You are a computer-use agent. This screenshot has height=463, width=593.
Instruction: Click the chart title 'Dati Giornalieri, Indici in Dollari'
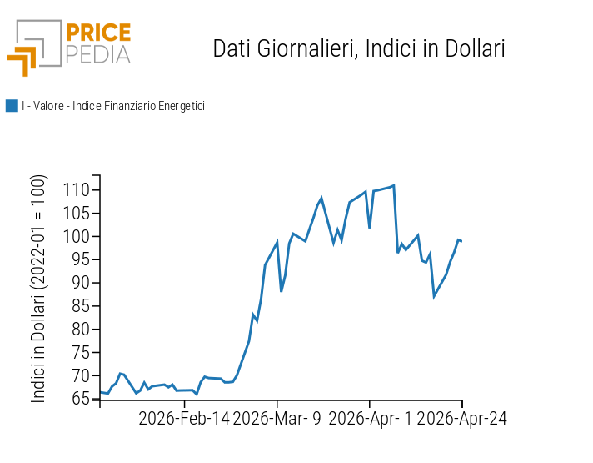click(x=359, y=48)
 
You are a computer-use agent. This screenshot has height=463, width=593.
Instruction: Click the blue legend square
click(x=12, y=106)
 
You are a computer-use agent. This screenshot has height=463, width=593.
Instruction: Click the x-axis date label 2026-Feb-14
click(x=183, y=418)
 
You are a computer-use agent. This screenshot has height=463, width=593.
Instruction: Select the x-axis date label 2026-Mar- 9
click(x=277, y=418)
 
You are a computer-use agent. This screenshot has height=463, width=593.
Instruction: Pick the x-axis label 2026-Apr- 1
click(x=370, y=418)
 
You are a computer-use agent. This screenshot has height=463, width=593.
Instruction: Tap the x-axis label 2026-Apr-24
click(x=461, y=418)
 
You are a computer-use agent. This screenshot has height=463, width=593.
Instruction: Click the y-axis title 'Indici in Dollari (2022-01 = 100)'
click(x=39, y=289)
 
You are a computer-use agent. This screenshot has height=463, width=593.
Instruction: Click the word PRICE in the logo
click(x=98, y=33)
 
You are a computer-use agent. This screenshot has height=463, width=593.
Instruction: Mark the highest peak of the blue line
click(x=393, y=185)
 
